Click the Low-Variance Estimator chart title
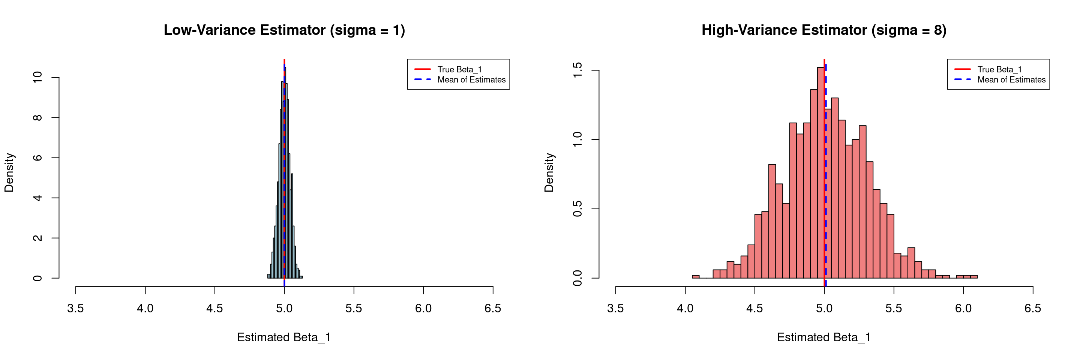click(x=284, y=30)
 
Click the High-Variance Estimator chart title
click(x=824, y=30)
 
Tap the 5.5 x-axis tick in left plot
click(x=353, y=309)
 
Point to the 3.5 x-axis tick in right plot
click(x=615, y=309)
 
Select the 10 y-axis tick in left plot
click(x=37, y=78)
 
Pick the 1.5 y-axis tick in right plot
click(x=577, y=70)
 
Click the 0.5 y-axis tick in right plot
click(x=577, y=209)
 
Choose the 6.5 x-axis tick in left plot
click(x=493, y=309)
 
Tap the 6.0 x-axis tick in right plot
click(x=963, y=309)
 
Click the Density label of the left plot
click(x=9, y=172)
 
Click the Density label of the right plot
click(x=549, y=172)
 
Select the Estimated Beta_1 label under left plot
click(x=284, y=337)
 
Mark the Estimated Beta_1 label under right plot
click(x=824, y=337)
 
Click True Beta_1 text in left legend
click(x=459, y=70)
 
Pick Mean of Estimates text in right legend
click(x=1011, y=79)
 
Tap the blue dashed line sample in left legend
click(x=423, y=79)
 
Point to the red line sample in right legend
click(x=963, y=69)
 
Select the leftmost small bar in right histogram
click(x=696, y=277)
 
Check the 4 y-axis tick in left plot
click(x=37, y=198)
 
